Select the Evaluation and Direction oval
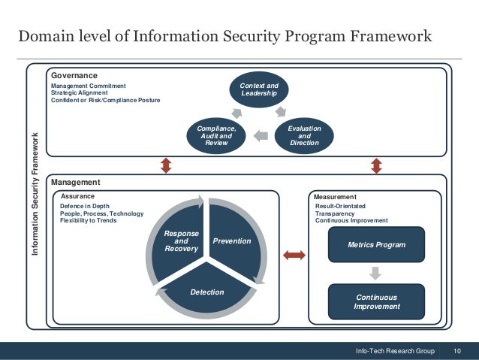tap(304, 136)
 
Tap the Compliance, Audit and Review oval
tap(216, 136)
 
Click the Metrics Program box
tap(376, 245)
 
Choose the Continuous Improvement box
tap(376, 301)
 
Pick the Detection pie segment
tap(206, 291)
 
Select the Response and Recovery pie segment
tap(180, 241)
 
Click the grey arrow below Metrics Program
tap(376, 272)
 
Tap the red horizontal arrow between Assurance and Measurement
tap(294, 256)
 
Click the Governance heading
tap(74, 75)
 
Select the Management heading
tap(75, 182)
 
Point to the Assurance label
tap(77, 195)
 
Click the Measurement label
tap(335, 196)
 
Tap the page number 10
tap(457, 351)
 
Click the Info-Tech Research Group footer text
tap(396, 351)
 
